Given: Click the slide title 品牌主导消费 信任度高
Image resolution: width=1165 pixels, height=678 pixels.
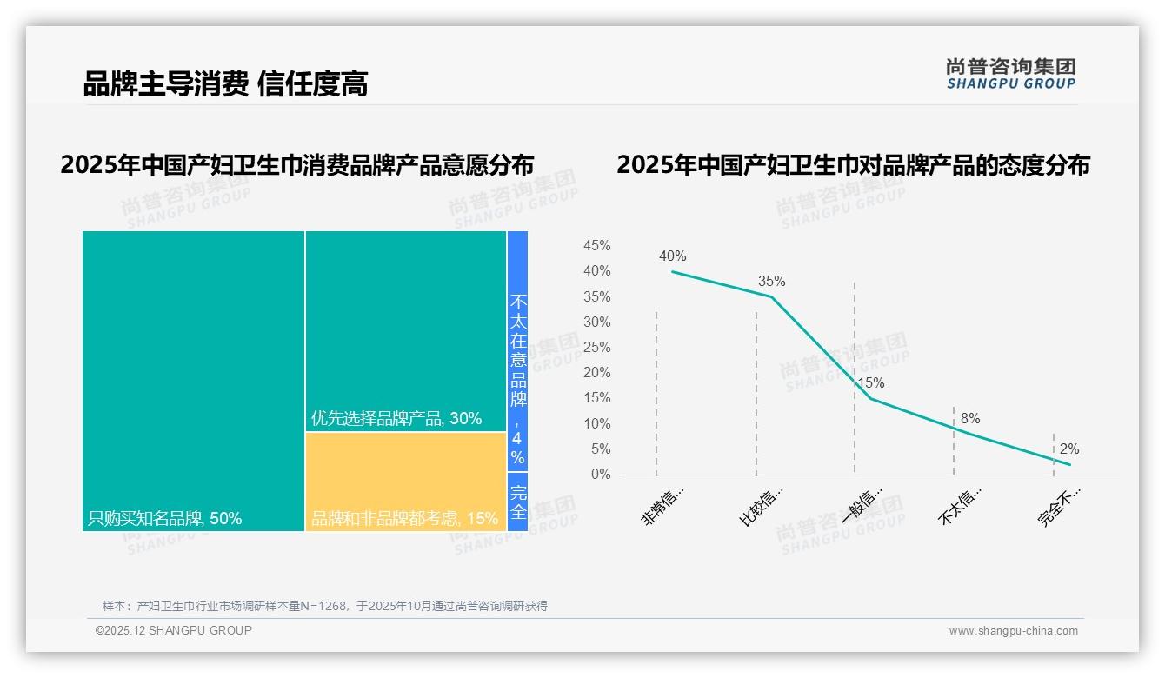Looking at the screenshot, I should pos(225,83).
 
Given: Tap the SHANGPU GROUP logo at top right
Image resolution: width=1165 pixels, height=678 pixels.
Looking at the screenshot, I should pos(1011,74).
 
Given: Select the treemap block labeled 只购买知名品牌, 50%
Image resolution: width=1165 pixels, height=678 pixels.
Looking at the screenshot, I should pos(193,380).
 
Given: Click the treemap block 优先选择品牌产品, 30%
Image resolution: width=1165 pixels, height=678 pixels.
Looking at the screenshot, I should pos(405,330).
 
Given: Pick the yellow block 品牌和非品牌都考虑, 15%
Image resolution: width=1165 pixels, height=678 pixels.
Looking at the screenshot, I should pos(405,481).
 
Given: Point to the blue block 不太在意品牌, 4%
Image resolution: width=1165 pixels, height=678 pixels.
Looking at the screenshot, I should pos(517,350).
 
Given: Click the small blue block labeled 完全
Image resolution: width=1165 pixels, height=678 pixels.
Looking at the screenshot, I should pos(517,502).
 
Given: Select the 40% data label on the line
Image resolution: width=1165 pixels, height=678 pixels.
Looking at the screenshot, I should pos(672,256).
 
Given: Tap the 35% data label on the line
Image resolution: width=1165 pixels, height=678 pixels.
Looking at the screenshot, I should pos(771,282).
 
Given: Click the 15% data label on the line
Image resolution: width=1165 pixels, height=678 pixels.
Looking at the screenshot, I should pos(870,383).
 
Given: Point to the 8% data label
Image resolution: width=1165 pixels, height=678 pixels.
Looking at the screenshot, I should pos(970,419).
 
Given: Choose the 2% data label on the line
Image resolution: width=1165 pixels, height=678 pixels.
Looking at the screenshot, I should pos(1068,449).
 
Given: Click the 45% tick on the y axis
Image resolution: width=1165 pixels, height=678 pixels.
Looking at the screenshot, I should pos(596,246).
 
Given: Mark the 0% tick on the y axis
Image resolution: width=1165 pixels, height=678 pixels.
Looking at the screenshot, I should pos(601,475).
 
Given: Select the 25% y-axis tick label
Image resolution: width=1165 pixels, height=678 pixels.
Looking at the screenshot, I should pos(596,348).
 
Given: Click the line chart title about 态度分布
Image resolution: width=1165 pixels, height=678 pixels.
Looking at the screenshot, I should pos(853,165).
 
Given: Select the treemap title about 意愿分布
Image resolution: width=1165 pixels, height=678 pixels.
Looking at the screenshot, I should pos(296,165).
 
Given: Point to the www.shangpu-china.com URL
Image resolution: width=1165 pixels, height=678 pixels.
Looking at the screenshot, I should pos(1013,631).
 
